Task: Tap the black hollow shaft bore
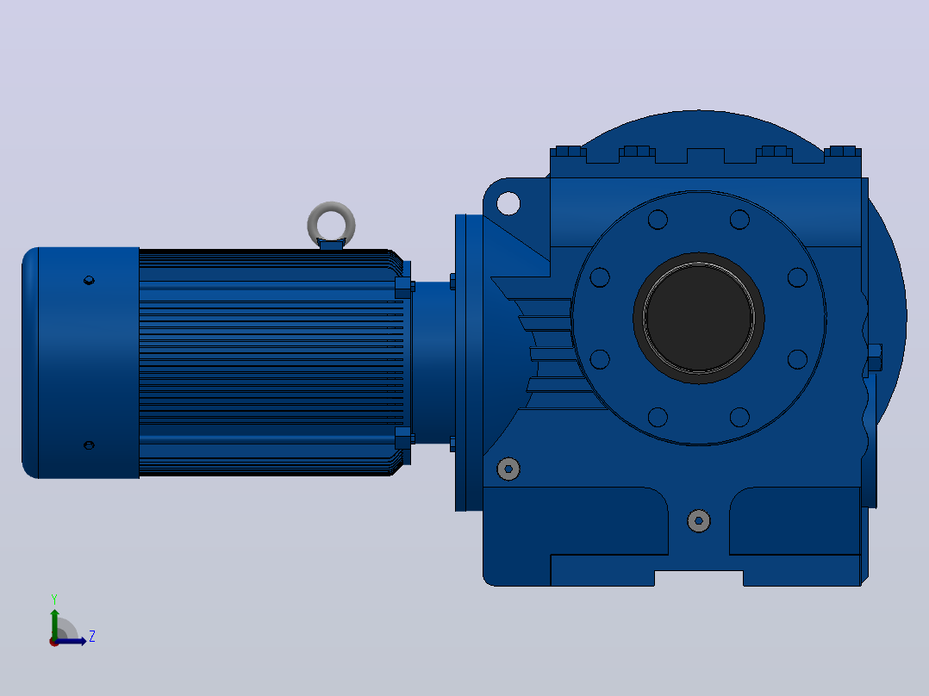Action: (x=699, y=318)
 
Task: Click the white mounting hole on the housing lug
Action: (x=508, y=203)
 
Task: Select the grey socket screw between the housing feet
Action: (x=699, y=520)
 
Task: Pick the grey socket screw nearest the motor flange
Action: (x=508, y=469)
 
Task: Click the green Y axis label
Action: (x=54, y=599)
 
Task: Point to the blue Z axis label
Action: (x=92, y=637)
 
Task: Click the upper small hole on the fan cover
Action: (x=89, y=280)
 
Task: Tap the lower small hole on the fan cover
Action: (x=89, y=444)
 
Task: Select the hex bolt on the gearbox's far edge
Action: (x=875, y=357)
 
